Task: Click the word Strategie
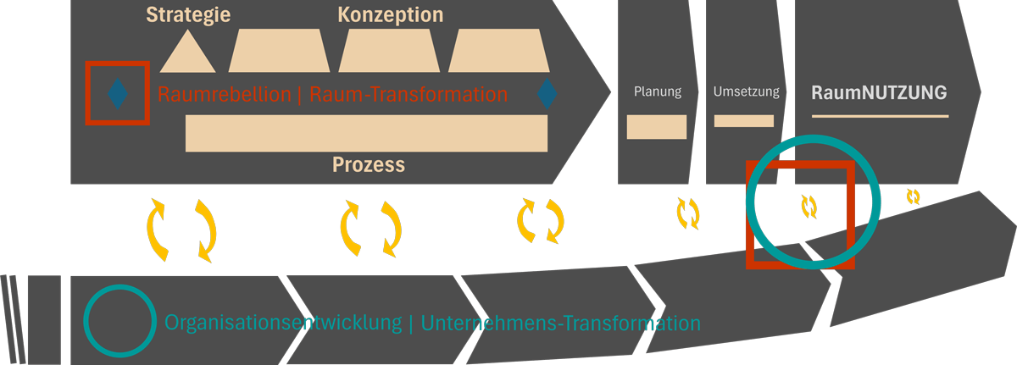tap(188, 15)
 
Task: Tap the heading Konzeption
tap(390, 15)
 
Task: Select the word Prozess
tap(368, 164)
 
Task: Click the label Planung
tap(658, 92)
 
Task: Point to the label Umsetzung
tap(746, 92)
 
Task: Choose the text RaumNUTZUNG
tap(879, 92)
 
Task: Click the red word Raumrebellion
tap(224, 94)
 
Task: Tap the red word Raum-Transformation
tap(408, 94)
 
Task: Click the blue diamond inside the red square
tap(118, 93)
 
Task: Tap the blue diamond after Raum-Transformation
tap(547, 93)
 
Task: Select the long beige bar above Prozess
tap(366, 133)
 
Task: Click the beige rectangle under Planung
tap(657, 126)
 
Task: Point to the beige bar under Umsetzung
tap(744, 120)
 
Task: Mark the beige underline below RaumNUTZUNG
tap(880, 114)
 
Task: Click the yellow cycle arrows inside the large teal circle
tap(809, 206)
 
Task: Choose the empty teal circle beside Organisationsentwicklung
tap(119, 321)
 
